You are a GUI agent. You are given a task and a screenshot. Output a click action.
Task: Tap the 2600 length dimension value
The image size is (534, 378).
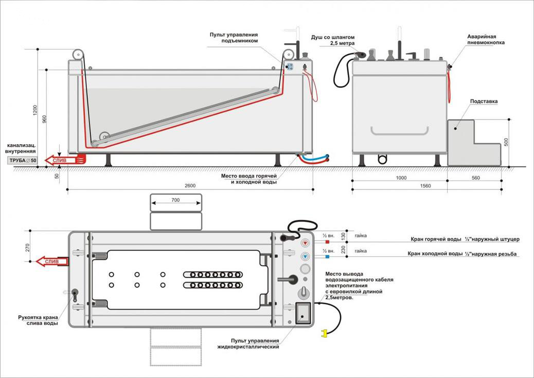point(190,186)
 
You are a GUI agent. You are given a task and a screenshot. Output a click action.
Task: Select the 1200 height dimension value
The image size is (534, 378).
point(35,110)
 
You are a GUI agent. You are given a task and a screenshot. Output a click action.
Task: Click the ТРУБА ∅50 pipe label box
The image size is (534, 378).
point(23,161)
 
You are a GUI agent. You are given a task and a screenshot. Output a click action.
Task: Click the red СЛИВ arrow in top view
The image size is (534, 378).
point(52,262)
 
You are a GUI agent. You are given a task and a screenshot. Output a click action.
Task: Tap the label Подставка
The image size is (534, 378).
point(484,101)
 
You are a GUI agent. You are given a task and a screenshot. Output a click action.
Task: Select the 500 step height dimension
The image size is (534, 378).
point(506,142)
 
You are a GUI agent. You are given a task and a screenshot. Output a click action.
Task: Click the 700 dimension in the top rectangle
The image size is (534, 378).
point(175,200)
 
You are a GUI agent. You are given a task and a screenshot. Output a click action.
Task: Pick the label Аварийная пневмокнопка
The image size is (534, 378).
point(486,40)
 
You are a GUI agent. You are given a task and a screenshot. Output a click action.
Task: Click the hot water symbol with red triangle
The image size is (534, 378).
point(305,243)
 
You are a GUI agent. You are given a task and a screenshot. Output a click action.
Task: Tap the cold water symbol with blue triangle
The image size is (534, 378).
point(305,256)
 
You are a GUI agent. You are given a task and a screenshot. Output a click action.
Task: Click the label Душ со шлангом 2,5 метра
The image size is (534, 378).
point(333,40)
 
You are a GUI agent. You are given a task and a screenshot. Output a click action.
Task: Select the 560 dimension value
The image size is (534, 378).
point(476,178)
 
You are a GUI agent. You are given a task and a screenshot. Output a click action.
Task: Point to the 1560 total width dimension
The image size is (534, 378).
point(425,186)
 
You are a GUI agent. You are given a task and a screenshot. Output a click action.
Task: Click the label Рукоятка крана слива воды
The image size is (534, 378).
point(38,320)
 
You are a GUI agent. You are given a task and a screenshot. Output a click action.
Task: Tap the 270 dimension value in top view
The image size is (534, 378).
point(27,248)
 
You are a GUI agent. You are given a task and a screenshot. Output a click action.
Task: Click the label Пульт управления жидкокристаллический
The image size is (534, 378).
point(248,343)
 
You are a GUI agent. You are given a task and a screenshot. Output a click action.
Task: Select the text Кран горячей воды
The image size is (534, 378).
point(436,239)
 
